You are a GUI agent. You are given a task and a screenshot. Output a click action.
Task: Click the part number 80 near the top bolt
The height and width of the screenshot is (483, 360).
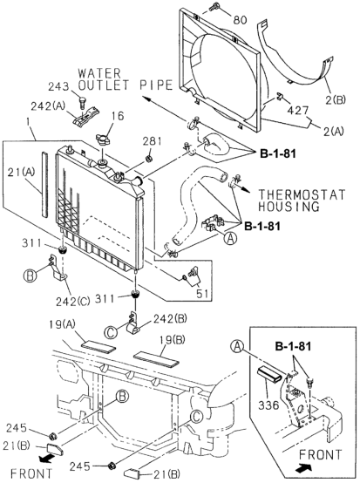(x=240, y=18)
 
